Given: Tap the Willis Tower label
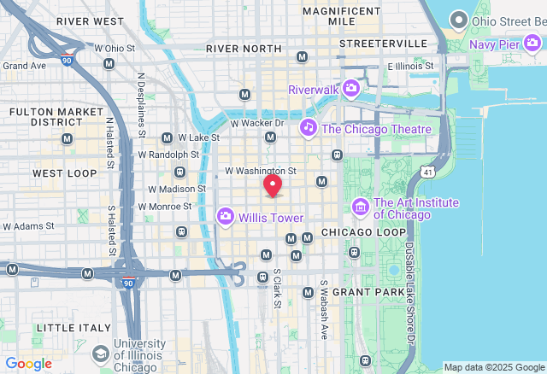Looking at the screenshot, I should coord(271,218).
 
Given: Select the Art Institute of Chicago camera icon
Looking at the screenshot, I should coord(361,207).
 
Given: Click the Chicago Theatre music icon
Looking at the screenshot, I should coord(309,128).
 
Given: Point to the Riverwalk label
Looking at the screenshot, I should coord(313,89).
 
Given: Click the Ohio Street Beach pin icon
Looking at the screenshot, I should coord(459,19).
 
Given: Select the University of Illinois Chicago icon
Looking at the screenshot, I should coord(101,354).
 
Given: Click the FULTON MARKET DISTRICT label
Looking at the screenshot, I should coord(44,116).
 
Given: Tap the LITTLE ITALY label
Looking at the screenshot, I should coord(74,328).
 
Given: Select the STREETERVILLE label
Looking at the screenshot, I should coord(383,43).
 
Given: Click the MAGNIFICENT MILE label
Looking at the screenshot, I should coord(341,16).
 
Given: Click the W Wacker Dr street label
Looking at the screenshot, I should coord(257,123).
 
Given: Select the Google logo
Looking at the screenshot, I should coord(28,364).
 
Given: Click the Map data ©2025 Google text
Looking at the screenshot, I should coord(493,367).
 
